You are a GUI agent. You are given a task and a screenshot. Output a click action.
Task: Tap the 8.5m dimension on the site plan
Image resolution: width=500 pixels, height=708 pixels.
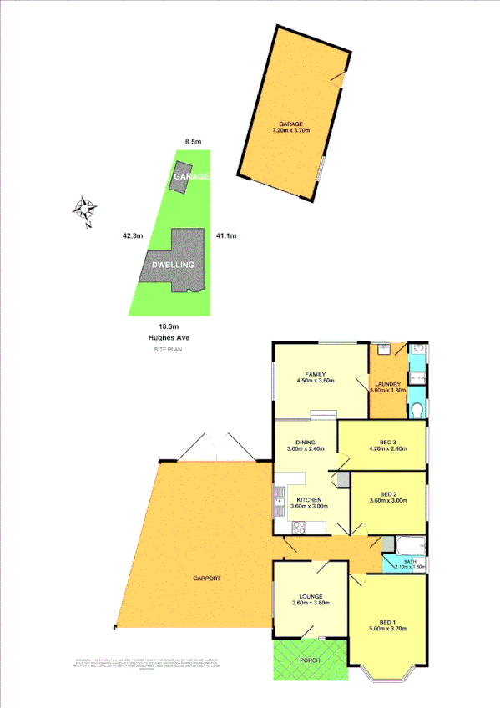tap(192, 143)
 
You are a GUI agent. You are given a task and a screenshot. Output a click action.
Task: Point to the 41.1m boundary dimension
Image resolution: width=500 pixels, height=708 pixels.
tap(226, 235)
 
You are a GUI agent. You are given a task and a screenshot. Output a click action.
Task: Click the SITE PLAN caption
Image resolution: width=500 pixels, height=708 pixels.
tap(168, 350)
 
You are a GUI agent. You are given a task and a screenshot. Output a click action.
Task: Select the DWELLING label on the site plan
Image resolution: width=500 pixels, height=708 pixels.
tap(173, 265)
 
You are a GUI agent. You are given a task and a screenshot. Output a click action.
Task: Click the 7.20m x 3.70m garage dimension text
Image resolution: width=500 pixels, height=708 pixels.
tap(290, 131)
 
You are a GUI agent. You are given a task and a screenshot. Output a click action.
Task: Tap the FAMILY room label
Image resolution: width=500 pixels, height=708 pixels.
tap(315, 374)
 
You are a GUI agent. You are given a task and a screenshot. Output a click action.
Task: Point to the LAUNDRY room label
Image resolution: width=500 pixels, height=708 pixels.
tap(387, 384)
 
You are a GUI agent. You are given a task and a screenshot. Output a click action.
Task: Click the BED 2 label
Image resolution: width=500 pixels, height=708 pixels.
tap(386, 494)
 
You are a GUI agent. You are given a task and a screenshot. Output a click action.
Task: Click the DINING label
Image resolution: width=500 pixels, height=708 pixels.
tap(306, 443)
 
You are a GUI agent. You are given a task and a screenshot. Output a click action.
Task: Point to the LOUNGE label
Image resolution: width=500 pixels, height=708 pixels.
tap(307, 597)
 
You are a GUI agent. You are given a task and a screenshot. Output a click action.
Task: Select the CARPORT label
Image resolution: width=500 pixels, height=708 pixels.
tap(207, 579)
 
